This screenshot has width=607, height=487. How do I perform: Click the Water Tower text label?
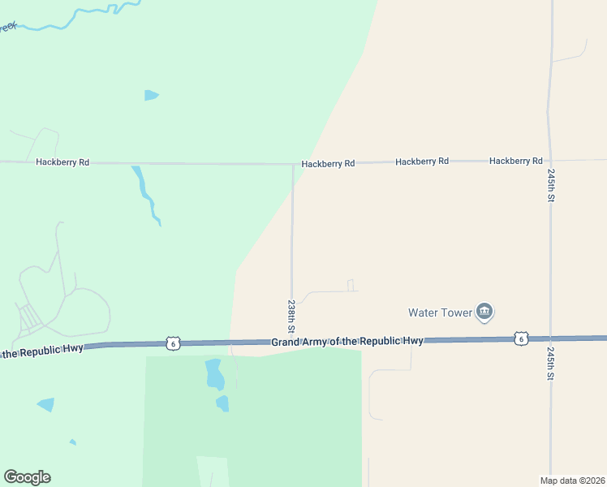(x=439, y=312)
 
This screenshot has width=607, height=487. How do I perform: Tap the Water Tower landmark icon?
(x=484, y=312)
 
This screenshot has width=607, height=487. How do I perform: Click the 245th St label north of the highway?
(x=551, y=185)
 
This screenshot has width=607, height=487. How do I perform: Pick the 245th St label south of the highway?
(x=551, y=365)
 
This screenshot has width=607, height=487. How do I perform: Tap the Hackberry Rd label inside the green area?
(x=62, y=162)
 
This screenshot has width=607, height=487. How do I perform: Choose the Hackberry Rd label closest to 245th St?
(x=515, y=162)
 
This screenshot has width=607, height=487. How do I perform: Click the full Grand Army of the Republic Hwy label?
(x=347, y=342)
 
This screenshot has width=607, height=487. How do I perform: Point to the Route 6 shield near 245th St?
(x=520, y=338)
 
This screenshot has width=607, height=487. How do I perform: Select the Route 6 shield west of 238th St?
(x=172, y=343)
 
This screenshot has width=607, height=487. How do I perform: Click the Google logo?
(x=27, y=477)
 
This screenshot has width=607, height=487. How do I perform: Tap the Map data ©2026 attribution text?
(x=573, y=481)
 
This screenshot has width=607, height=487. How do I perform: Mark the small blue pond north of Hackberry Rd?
(x=151, y=95)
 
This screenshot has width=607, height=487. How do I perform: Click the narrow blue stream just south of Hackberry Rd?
(x=146, y=195)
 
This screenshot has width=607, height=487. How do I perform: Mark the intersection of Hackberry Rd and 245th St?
(x=550, y=161)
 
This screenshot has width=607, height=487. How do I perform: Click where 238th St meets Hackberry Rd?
(x=293, y=164)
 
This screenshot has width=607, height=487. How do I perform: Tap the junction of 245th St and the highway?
(x=550, y=338)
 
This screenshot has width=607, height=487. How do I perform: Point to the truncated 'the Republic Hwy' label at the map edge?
(x=42, y=352)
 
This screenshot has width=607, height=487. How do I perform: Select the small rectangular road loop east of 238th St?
(x=351, y=286)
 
